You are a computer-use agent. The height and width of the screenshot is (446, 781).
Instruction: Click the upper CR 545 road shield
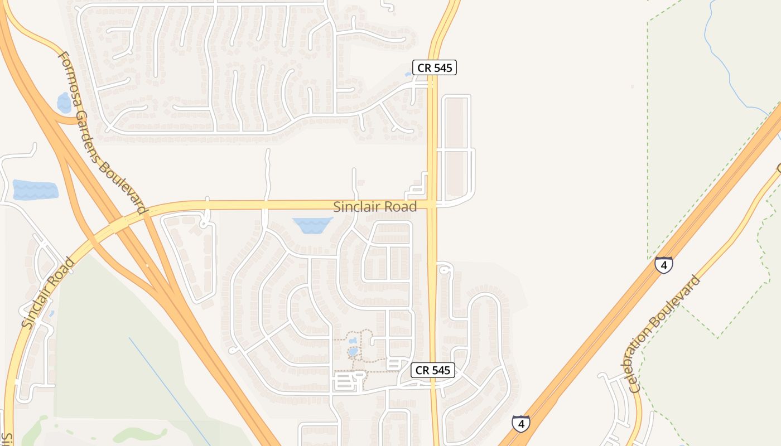tap(435, 68)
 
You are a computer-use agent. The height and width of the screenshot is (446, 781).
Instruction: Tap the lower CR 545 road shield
tap(433, 370)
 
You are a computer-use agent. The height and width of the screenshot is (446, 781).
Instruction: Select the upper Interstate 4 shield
tap(663, 265)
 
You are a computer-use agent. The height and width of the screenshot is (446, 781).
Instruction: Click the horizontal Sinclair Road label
tap(375, 207)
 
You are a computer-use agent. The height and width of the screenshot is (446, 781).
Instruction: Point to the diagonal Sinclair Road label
tap(47, 292)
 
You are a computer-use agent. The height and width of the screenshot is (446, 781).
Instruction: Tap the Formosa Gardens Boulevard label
tap(102, 133)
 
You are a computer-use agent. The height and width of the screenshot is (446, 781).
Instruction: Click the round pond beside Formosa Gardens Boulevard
tap(64, 103)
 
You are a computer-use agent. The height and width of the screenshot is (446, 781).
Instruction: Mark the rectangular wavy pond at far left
tap(35, 190)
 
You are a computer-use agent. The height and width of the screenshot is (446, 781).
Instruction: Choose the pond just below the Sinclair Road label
tap(312, 225)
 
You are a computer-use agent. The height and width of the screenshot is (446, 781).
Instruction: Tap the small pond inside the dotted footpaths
tap(353, 352)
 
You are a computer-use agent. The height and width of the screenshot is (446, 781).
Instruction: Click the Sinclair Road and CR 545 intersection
tap(432, 205)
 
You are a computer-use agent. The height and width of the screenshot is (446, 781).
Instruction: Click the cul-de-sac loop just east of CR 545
tap(445, 270)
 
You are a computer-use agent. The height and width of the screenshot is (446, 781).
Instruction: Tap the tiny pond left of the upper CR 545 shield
tap(408, 74)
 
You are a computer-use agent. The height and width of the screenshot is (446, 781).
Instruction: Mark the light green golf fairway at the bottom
tap(139, 434)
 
